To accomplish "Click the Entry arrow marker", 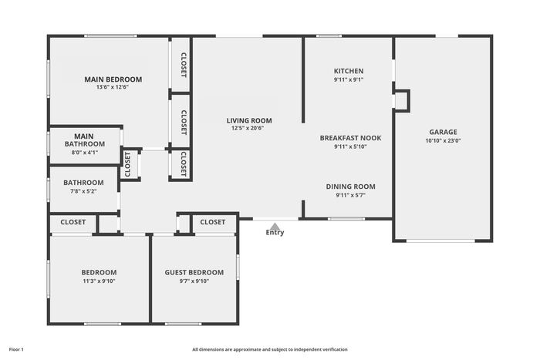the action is (x=275, y=227).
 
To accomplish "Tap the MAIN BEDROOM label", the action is (x=113, y=79).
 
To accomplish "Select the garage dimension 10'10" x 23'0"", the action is (x=444, y=140).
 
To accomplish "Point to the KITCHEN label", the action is (x=349, y=71).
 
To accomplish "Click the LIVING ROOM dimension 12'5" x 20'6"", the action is (x=248, y=129).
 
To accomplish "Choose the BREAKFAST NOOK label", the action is (x=350, y=138).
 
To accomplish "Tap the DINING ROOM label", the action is (x=350, y=187).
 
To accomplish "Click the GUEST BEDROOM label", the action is (x=194, y=273).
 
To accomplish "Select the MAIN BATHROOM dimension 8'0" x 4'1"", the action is (x=85, y=153).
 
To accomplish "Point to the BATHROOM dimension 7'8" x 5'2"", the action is (x=83, y=191).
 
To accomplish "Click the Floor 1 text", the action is (x=16, y=350).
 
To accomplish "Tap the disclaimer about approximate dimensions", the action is (x=270, y=350).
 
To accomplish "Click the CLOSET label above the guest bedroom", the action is (x=212, y=222).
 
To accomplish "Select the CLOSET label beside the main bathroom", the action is (x=127, y=164).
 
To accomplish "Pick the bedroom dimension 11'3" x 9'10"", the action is (x=99, y=281).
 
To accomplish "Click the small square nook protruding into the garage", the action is (x=402, y=101).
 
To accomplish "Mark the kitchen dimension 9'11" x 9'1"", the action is (x=349, y=80).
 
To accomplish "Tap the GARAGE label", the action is (x=444, y=132).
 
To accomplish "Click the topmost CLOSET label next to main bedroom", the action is (x=184, y=65).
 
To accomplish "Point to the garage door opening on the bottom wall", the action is (x=440, y=241).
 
